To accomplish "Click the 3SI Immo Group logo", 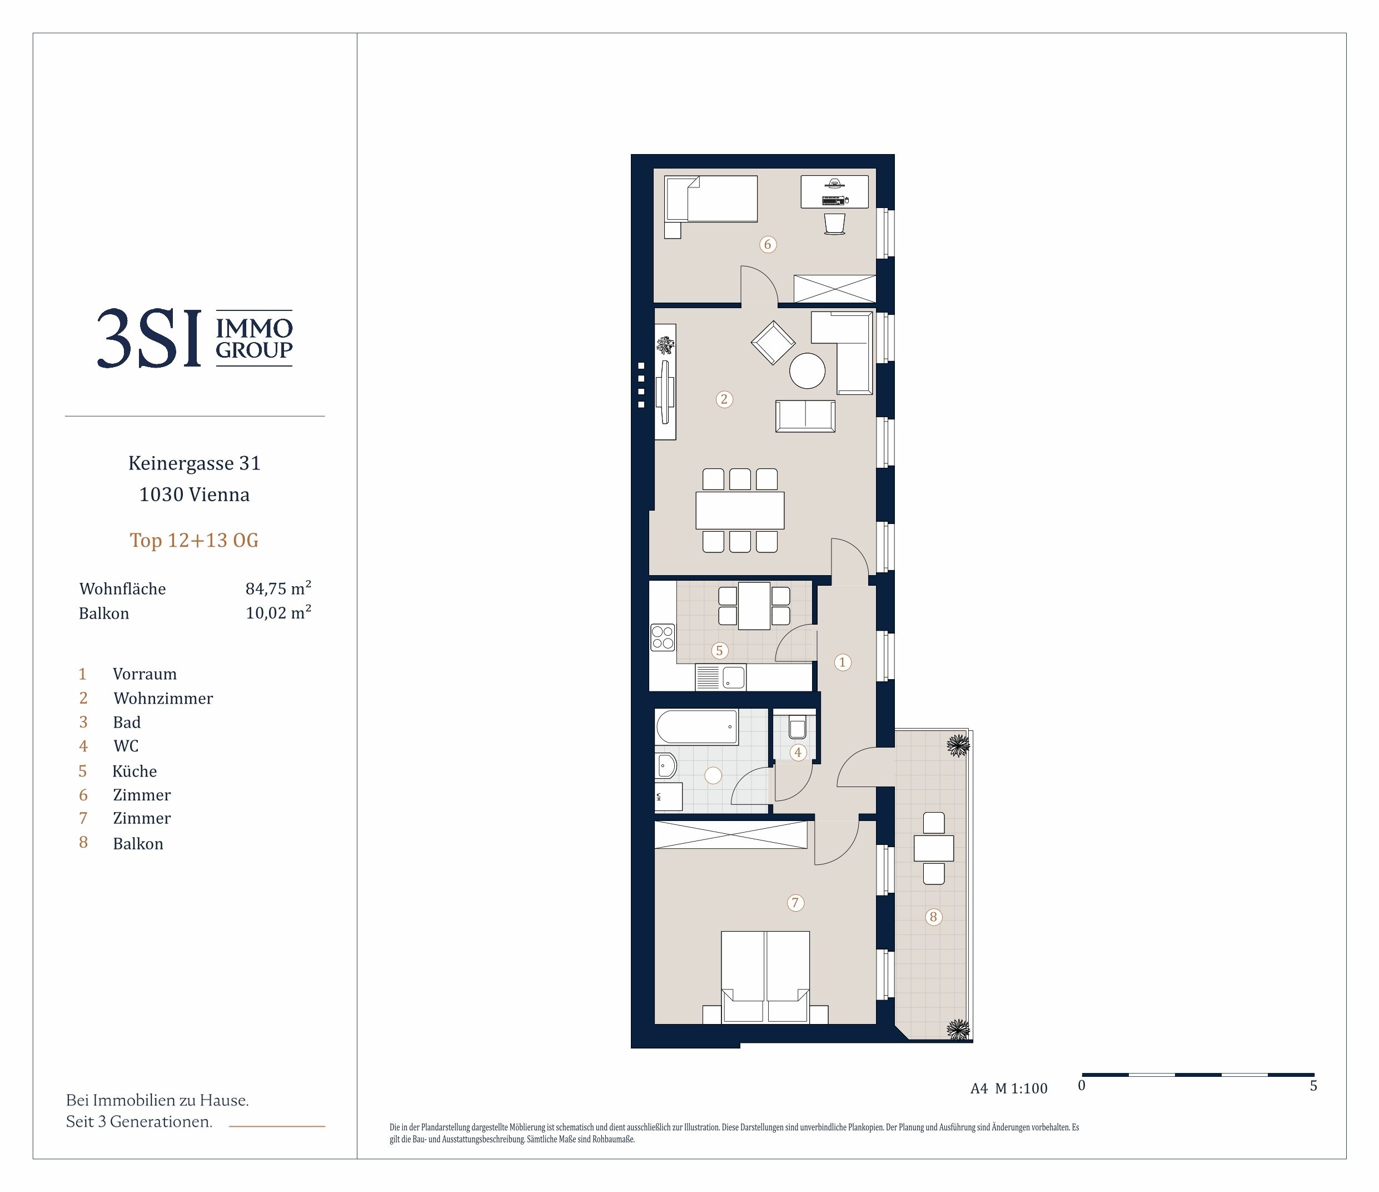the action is point(195,338).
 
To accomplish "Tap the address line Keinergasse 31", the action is point(195,463).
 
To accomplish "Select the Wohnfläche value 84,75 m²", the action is point(278,588).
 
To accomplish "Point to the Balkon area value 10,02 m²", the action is point(278,612).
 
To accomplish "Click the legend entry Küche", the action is point(135,770).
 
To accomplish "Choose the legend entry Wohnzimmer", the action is point(163,698).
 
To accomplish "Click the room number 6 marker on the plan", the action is point(768,244).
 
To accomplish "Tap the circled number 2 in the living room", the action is point(724,399).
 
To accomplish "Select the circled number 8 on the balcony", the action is point(933,917).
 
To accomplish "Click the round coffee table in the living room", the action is point(807,370).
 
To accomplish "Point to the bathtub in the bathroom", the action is point(697,726).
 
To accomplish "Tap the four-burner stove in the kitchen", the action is point(663,637).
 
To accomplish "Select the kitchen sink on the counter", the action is point(721,678).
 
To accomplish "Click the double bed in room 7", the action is point(765,976).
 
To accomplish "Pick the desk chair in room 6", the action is point(834,224).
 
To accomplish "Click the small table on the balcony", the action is point(934,848).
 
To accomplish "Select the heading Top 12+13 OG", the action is point(195,540).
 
